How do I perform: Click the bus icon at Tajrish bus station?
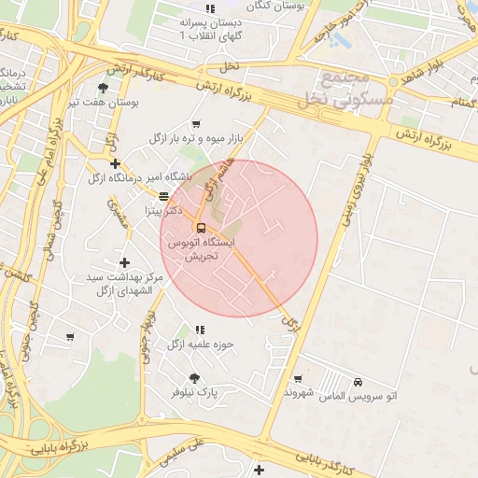point(201,227)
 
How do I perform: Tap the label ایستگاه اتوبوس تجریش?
point(201,247)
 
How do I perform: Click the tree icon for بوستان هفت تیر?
point(102,88)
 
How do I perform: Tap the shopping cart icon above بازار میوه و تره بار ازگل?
point(196,123)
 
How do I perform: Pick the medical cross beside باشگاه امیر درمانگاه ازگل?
point(115,163)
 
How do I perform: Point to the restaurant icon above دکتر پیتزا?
point(164,197)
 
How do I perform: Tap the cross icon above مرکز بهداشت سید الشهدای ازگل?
point(124,262)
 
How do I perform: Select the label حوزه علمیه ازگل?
point(200,344)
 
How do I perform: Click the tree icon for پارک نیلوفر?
point(194,378)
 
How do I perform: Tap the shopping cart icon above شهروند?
point(298,379)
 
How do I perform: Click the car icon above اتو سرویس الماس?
point(359,381)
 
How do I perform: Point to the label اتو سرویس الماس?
point(359,396)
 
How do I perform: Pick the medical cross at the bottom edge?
point(259,470)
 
